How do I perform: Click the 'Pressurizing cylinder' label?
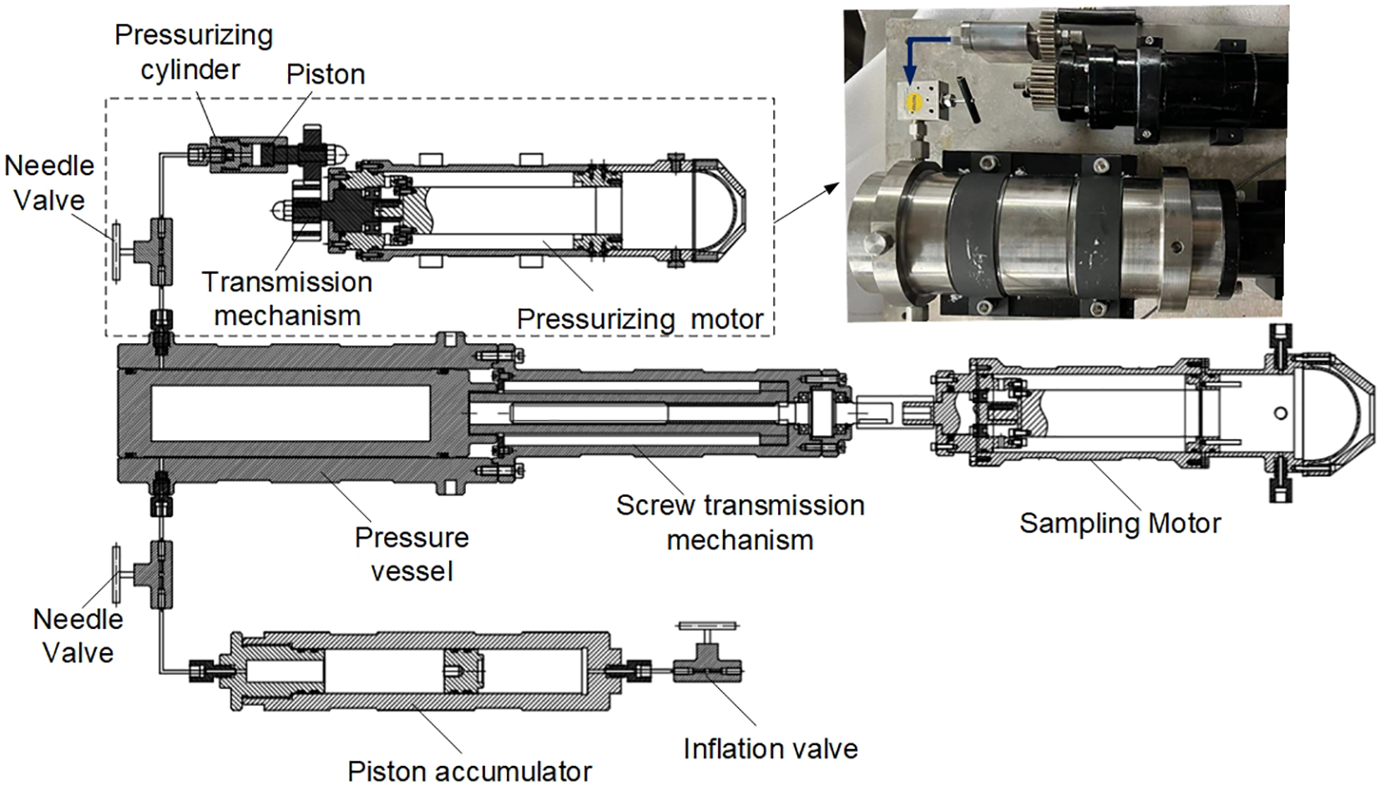coord(193,52)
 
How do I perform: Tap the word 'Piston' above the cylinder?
coord(325,74)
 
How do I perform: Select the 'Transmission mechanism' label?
coord(286,299)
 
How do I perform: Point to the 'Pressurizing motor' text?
coord(640,319)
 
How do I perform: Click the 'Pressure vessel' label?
coord(412,554)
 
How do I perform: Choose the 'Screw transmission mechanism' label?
coord(740,523)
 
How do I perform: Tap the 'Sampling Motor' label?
coord(1120,524)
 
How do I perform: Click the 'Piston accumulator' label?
coord(469,771)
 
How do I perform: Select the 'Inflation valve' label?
coord(770,748)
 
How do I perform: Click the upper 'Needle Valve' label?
coord(48,183)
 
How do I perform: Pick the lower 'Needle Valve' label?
coord(78,636)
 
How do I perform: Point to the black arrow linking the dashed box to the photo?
coord(807,202)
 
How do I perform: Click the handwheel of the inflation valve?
coord(708,625)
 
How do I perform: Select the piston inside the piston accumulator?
coord(464,671)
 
